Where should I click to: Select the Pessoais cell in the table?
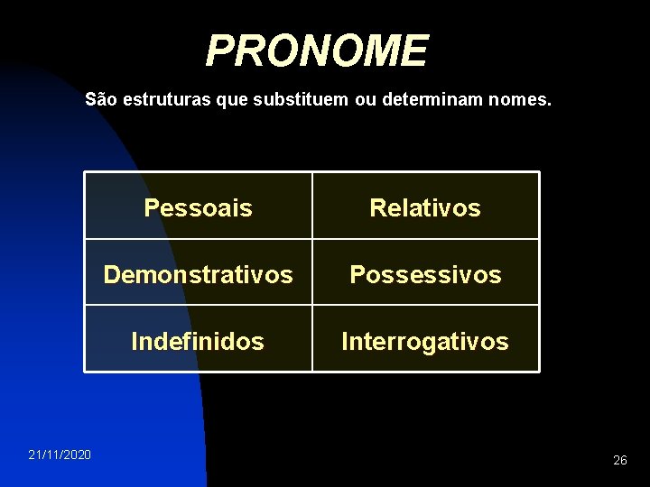coord(199,208)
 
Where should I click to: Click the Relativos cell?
coord(425,208)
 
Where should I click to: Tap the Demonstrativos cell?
coord(199,274)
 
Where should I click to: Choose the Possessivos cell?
coord(425,274)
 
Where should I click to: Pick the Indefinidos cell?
coord(199,341)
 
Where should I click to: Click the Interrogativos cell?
coord(425,341)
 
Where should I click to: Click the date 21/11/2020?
coord(59,455)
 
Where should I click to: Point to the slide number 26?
coord(619,460)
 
